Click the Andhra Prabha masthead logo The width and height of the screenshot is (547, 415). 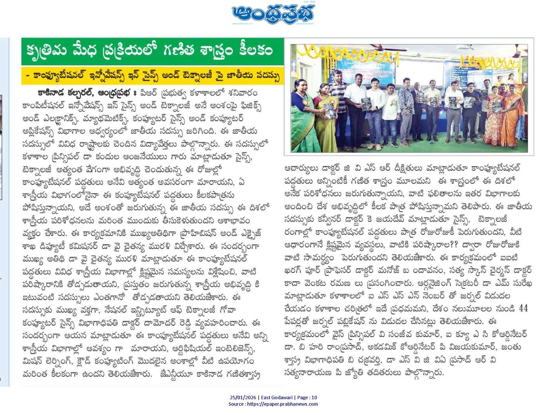tap(273, 14)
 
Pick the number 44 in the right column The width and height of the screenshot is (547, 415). tap(523, 308)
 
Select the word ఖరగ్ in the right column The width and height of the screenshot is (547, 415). tap(293, 270)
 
